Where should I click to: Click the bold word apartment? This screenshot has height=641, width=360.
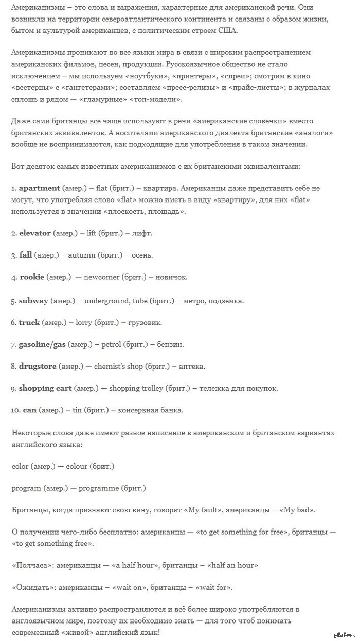(40, 188)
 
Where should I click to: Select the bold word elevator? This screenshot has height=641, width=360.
(35, 233)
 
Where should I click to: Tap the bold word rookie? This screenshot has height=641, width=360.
(32, 277)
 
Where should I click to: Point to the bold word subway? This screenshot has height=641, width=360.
(33, 301)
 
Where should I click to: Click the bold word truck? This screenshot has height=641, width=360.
(29, 323)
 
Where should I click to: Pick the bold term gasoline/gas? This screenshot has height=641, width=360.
(42, 344)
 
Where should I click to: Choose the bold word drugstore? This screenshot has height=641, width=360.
(38, 367)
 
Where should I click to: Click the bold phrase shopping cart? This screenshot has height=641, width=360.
(45, 388)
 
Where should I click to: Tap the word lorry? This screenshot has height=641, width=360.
(83, 323)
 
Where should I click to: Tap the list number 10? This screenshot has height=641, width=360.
(15, 410)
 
